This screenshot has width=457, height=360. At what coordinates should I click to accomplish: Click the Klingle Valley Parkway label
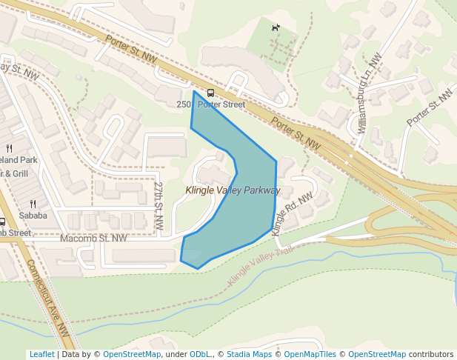click(x=233, y=190)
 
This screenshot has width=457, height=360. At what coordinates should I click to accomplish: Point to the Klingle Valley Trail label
click(x=262, y=267)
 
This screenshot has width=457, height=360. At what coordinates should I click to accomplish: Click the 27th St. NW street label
click(x=159, y=207)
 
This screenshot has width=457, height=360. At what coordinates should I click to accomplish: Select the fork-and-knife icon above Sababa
click(x=33, y=203)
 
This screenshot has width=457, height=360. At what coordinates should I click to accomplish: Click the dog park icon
click(x=276, y=28)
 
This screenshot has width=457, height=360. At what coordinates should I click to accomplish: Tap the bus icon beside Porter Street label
click(x=210, y=93)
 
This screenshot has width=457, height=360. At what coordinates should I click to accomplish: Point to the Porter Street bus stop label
click(x=221, y=104)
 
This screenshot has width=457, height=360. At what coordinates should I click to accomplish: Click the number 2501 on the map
click(x=184, y=104)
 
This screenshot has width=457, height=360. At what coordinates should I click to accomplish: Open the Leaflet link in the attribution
click(x=41, y=354)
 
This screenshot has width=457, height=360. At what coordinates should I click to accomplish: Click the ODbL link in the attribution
click(x=200, y=354)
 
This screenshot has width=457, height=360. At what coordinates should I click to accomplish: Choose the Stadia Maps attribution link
click(x=249, y=354)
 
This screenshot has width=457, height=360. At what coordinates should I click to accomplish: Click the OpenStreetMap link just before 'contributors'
click(x=377, y=354)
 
